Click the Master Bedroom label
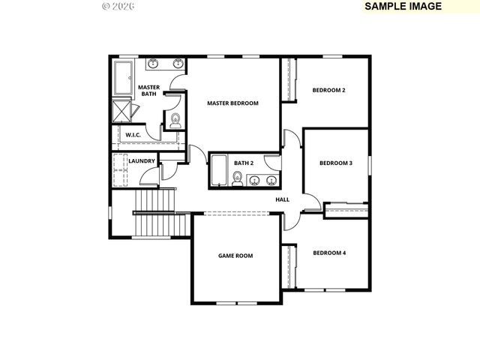[x=232, y=103]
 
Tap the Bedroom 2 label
[x=328, y=91]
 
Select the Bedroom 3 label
[x=335, y=163]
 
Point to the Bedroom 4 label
[x=329, y=253]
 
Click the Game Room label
[x=235, y=256]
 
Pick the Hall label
[x=282, y=199]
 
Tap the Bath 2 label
[x=244, y=163]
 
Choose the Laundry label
[x=142, y=161]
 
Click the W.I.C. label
[x=133, y=135]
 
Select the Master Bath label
[x=148, y=91]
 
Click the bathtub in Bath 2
[x=219, y=170]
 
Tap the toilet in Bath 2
[x=237, y=178]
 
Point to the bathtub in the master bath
[x=122, y=77]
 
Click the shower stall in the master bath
[x=122, y=111]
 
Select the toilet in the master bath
[x=175, y=120]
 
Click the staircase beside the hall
[x=154, y=212]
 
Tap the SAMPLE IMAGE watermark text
[x=403, y=6]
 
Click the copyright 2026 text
[x=118, y=6]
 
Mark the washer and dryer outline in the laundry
[x=120, y=172]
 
